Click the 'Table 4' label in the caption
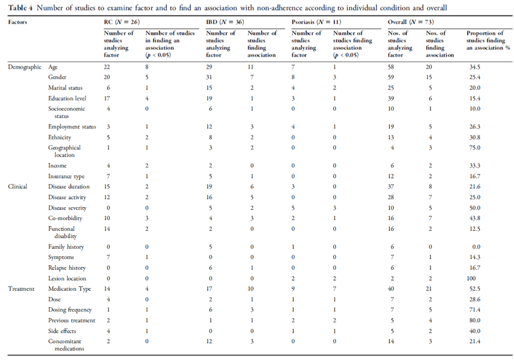tap(20, 8)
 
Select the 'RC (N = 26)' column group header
tap(122, 22)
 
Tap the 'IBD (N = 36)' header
tap(225, 22)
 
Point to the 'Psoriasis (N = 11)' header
tap(317, 22)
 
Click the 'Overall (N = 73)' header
tap(411, 22)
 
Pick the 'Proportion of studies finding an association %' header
tap(488, 41)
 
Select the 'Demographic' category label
tap(25, 67)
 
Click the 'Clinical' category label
tap(17, 186)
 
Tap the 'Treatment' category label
tap(21, 289)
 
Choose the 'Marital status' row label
tap(65, 88)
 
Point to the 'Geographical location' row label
tap(64, 151)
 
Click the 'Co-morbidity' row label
tap(65, 218)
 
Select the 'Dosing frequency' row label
tap(70, 310)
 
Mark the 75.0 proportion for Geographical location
tap(475, 147)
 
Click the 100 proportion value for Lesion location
tap(471, 278)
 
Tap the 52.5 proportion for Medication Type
tap(475, 289)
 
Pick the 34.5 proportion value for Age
tap(475, 67)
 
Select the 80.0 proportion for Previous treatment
tap(475, 321)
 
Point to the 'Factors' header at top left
tap(17, 22)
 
